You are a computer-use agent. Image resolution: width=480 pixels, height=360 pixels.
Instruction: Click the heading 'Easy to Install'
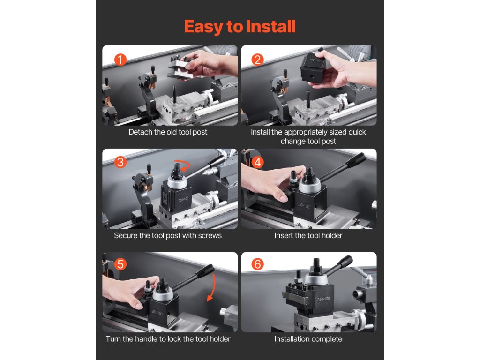pos(240,26)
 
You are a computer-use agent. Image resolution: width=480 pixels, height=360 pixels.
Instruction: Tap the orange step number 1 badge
pos(120,60)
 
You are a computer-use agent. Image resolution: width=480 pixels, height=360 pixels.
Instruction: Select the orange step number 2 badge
pos(257,60)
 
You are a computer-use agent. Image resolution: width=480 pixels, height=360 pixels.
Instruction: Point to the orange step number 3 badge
pos(120,162)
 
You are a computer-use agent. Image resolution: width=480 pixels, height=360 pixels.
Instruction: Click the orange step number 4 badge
pos(257,162)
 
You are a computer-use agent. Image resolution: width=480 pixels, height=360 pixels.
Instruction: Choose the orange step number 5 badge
pos(120,264)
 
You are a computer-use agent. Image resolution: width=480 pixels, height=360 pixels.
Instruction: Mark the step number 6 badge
pos(257,264)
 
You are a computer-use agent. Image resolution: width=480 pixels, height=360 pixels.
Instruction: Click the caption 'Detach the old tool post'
pos(168,132)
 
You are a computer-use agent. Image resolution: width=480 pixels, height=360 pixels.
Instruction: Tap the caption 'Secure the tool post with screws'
pos(168,235)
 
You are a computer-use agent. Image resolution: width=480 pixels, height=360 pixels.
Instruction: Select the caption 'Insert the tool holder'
pos(308,235)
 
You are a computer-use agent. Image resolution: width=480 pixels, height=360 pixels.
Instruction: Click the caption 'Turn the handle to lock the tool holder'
pos(168,339)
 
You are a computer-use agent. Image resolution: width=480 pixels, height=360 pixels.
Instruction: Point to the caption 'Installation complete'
pos(308,339)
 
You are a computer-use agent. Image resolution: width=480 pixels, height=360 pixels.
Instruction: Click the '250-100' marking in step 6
pos(323,299)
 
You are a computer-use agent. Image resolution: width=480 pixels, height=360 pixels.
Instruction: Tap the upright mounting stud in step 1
pos(174,94)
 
